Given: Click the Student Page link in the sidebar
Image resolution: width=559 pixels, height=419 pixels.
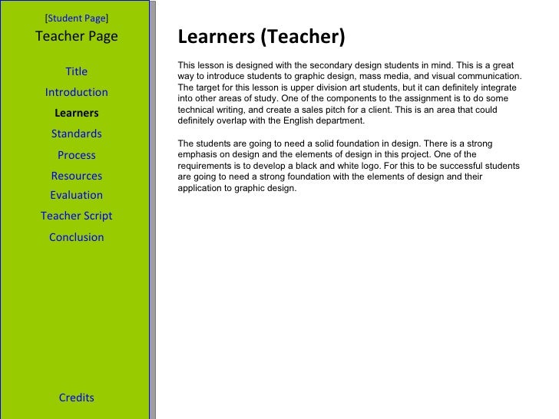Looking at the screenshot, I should pyautogui.click(x=77, y=17).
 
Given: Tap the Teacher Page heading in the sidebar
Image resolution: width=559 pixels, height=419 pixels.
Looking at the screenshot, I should pyautogui.click(x=77, y=36).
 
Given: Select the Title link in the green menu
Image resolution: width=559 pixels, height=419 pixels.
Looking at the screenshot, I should pyautogui.click(x=77, y=71).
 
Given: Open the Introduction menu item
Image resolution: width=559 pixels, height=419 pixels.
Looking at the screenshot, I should pyautogui.click(x=77, y=92).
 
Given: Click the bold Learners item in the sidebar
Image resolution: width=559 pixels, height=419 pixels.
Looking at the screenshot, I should pyautogui.click(x=77, y=114).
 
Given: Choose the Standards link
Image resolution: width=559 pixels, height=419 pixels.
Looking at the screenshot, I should pyautogui.click(x=77, y=134).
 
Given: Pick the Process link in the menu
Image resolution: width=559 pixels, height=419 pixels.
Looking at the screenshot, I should pyautogui.click(x=77, y=155).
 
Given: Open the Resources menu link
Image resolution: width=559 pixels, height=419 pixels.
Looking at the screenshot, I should pyautogui.click(x=77, y=176).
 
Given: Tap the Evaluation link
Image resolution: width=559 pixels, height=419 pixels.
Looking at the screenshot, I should pyautogui.click(x=77, y=195).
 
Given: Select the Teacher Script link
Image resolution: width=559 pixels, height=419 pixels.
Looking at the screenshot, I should pyautogui.click(x=77, y=216).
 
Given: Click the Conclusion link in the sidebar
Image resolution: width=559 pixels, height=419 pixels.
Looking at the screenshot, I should pyautogui.click(x=77, y=237).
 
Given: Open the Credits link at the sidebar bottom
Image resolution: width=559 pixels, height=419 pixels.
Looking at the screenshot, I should pyautogui.click(x=77, y=398).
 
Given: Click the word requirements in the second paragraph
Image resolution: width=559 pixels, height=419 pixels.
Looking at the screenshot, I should pyautogui.click(x=203, y=166).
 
